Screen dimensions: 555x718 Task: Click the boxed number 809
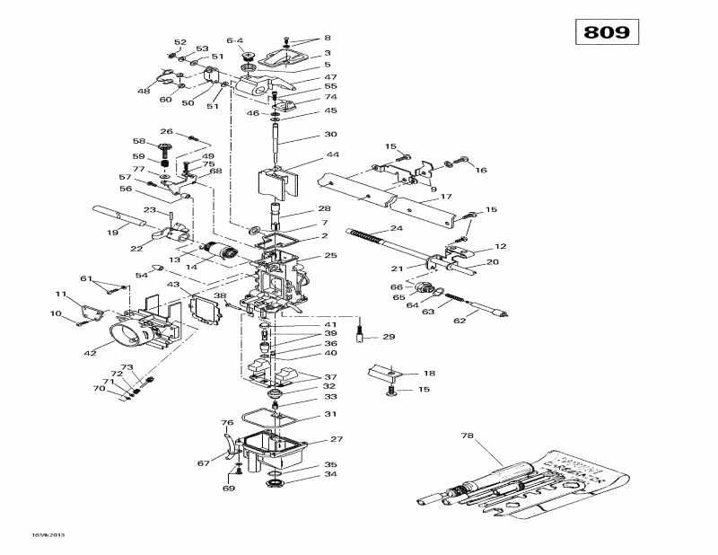tap(608, 33)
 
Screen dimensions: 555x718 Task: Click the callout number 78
tap(467, 436)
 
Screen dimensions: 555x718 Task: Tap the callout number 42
tap(90, 353)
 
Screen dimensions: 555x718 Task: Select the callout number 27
tap(337, 439)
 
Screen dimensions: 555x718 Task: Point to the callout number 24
tap(397, 228)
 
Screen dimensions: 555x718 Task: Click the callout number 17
tap(445, 196)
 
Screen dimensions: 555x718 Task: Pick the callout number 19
tap(112, 233)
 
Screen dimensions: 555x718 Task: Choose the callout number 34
tap(306, 474)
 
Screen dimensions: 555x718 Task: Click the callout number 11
tap(61, 295)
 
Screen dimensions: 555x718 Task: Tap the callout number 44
tap(308, 155)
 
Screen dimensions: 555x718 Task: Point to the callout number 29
tap(389, 337)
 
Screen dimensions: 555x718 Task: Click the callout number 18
tap(429, 373)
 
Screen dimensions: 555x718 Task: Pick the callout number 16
tap(481, 169)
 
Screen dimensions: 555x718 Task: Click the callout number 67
tap(205, 463)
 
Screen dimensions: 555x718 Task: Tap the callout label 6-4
tap(235, 40)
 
